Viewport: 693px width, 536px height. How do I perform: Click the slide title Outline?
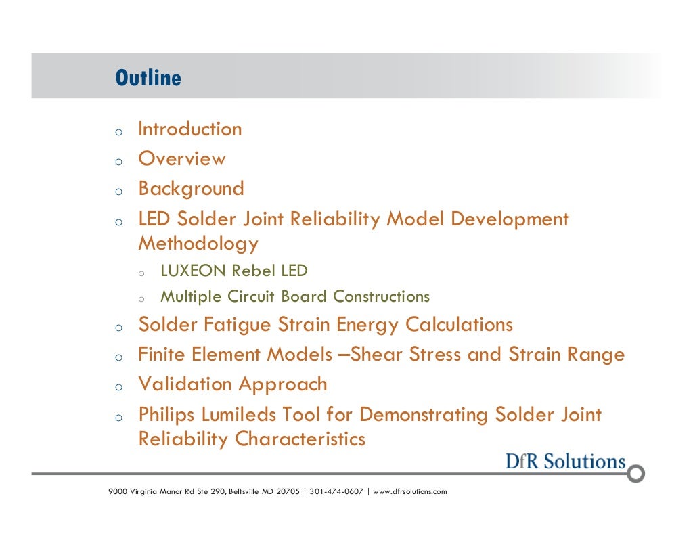coord(148,78)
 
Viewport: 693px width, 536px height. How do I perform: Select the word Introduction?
coord(189,129)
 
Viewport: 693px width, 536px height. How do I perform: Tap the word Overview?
coord(182,159)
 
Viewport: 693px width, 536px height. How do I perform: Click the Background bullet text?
coord(191,189)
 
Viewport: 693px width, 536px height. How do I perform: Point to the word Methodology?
coord(198,243)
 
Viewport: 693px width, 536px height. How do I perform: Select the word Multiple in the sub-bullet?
coord(184,297)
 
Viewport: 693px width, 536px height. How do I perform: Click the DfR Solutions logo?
coord(565,462)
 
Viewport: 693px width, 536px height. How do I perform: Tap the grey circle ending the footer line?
coord(635,473)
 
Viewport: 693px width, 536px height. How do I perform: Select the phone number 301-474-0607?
coord(336,491)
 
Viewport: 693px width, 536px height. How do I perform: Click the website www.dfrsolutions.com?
coord(410,491)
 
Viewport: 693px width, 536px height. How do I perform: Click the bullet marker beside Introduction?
coord(118,131)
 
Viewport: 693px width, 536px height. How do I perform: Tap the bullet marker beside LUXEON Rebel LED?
coord(141,273)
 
